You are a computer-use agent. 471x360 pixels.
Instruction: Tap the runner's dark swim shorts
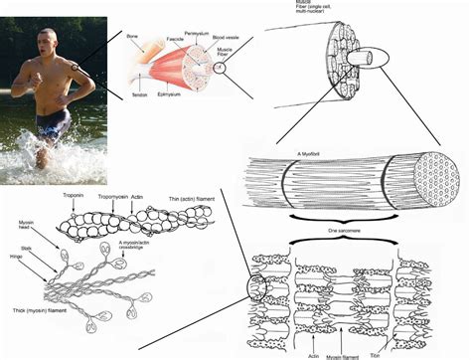(52, 124)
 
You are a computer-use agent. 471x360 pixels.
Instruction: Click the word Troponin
(73, 195)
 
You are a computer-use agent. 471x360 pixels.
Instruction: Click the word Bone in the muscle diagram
(133, 37)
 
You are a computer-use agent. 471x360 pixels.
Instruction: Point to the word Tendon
(139, 94)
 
